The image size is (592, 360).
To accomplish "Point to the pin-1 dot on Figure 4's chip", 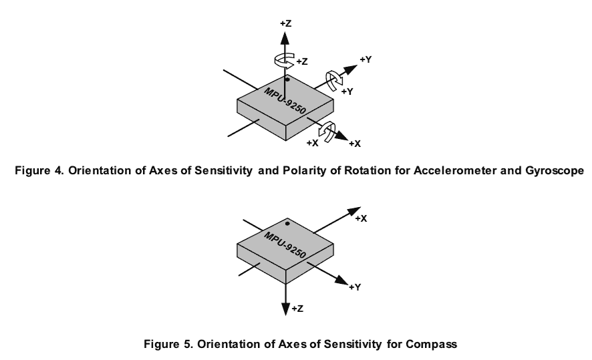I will tap(287, 79).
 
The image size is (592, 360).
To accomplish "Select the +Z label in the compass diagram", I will tap(299, 309).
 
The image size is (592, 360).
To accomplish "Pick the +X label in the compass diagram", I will tap(361, 218).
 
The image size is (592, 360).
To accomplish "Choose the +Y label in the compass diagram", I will tap(355, 287).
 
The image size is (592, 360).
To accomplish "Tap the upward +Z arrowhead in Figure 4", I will tap(285, 36).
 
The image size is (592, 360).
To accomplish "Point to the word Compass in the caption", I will tap(433, 345).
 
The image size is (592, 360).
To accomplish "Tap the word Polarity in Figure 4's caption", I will tap(297, 170).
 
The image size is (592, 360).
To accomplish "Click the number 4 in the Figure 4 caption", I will tap(52, 170).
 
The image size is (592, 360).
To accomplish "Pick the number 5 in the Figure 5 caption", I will tap(181, 345).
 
